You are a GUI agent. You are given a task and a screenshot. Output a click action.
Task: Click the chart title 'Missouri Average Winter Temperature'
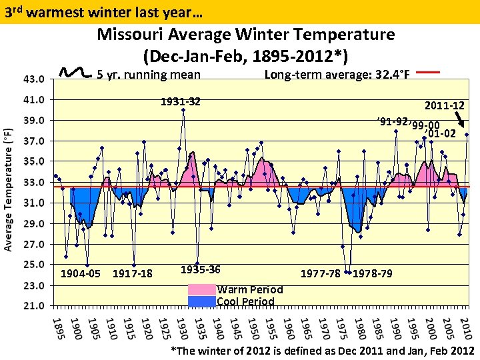click(246, 34)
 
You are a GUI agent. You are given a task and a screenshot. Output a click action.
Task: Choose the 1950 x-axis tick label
click(252, 329)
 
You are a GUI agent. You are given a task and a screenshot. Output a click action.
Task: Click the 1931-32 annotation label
click(180, 102)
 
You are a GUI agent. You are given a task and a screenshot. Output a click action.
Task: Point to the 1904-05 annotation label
click(81, 273)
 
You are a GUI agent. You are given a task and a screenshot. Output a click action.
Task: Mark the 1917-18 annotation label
click(133, 273)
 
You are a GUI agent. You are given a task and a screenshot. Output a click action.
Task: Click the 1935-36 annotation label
click(201, 269)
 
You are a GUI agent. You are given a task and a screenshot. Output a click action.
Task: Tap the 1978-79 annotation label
click(372, 273)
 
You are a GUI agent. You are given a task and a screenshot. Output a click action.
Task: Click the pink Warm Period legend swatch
click(202, 290)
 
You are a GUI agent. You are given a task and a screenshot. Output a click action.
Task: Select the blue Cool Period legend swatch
click(202, 301)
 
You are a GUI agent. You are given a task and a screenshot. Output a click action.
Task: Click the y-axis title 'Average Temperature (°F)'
click(9, 181)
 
